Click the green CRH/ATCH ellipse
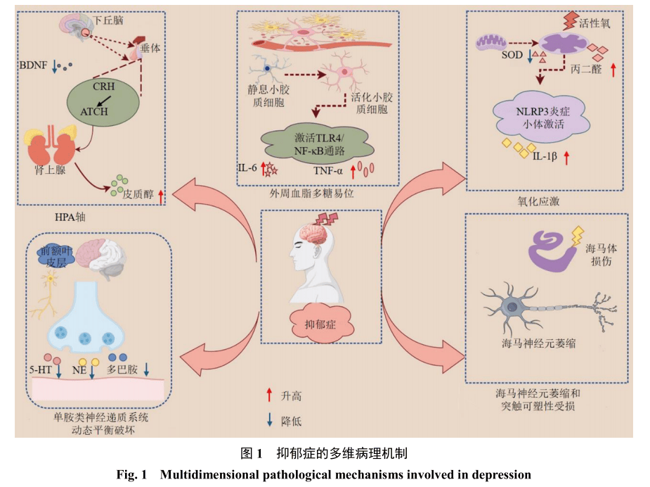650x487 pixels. [x=102, y=99]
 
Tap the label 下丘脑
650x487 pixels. [x=108, y=20]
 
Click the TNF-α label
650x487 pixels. [x=329, y=170]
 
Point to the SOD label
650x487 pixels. [x=512, y=56]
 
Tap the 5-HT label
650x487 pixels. [x=40, y=368]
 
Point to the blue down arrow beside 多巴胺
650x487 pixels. [x=146, y=368]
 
